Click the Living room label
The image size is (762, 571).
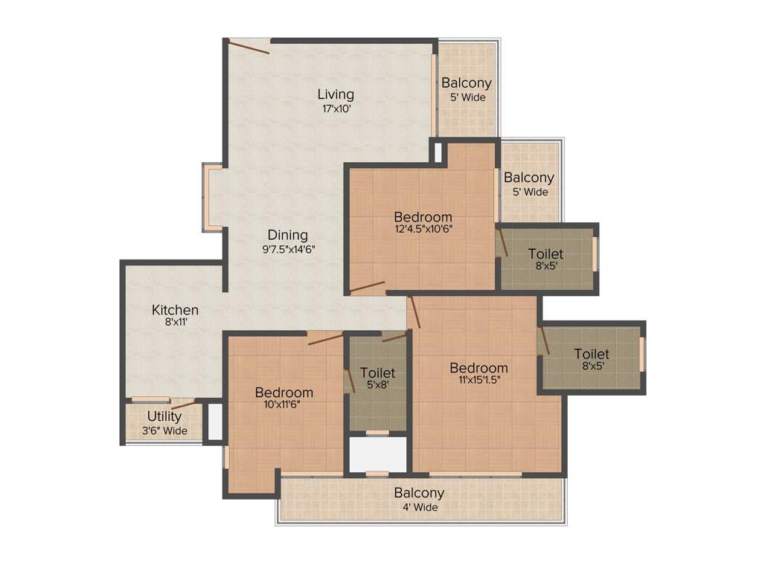(x=336, y=94)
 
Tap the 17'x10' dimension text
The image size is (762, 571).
(x=336, y=109)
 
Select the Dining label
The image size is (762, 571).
(x=288, y=236)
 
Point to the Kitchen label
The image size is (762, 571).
(x=175, y=310)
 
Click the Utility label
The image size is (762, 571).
(x=164, y=416)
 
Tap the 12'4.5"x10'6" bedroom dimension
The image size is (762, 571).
(x=423, y=229)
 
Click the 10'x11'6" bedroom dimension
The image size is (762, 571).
(x=284, y=405)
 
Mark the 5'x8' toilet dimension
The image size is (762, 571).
(x=377, y=385)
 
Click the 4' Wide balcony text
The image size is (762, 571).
(x=419, y=507)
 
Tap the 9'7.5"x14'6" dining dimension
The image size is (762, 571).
(x=288, y=250)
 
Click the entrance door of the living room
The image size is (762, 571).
(x=249, y=47)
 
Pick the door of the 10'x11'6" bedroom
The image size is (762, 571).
(x=325, y=339)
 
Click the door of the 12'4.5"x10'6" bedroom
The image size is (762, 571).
(x=368, y=287)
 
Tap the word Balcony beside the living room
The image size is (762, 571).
(x=466, y=83)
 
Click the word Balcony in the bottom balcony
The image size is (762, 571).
(x=419, y=493)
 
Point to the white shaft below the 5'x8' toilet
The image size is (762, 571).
(x=378, y=454)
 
